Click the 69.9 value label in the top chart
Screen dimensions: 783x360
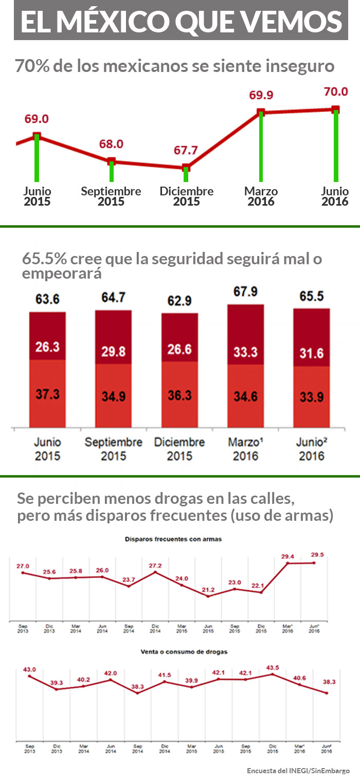(x=261, y=95)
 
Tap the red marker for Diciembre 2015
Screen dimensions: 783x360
(x=186, y=168)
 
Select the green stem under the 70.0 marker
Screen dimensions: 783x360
(x=336, y=147)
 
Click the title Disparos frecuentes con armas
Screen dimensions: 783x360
(x=173, y=539)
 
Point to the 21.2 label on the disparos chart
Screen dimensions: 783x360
(x=208, y=589)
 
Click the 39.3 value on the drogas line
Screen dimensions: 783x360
(x=57, y=682)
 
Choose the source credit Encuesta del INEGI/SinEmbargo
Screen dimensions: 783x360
(x=298, y=771)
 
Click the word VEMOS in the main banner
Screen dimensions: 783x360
(x=292, y=21)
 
